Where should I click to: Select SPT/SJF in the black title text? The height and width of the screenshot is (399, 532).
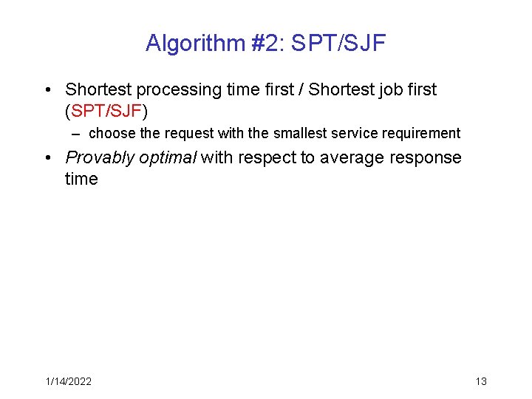coord(338,43)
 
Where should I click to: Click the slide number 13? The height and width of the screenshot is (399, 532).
coord(481,381)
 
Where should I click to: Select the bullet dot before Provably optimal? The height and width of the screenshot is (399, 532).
coord(47,158)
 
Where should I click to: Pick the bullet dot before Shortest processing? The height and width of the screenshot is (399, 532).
coord(47,90)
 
